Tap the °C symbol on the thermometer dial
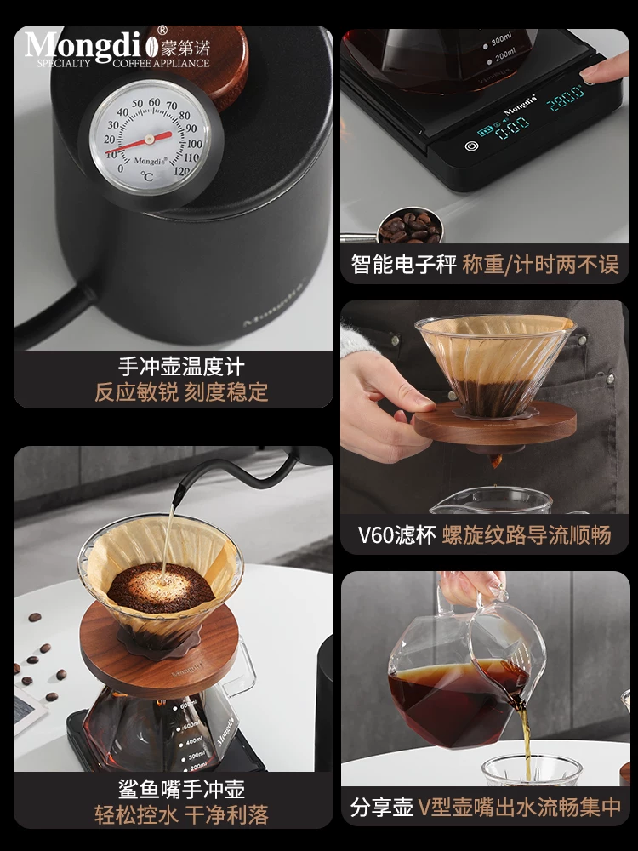147,177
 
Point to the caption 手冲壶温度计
180,367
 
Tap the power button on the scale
470,146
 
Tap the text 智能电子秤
404,265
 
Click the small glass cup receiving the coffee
532,771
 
